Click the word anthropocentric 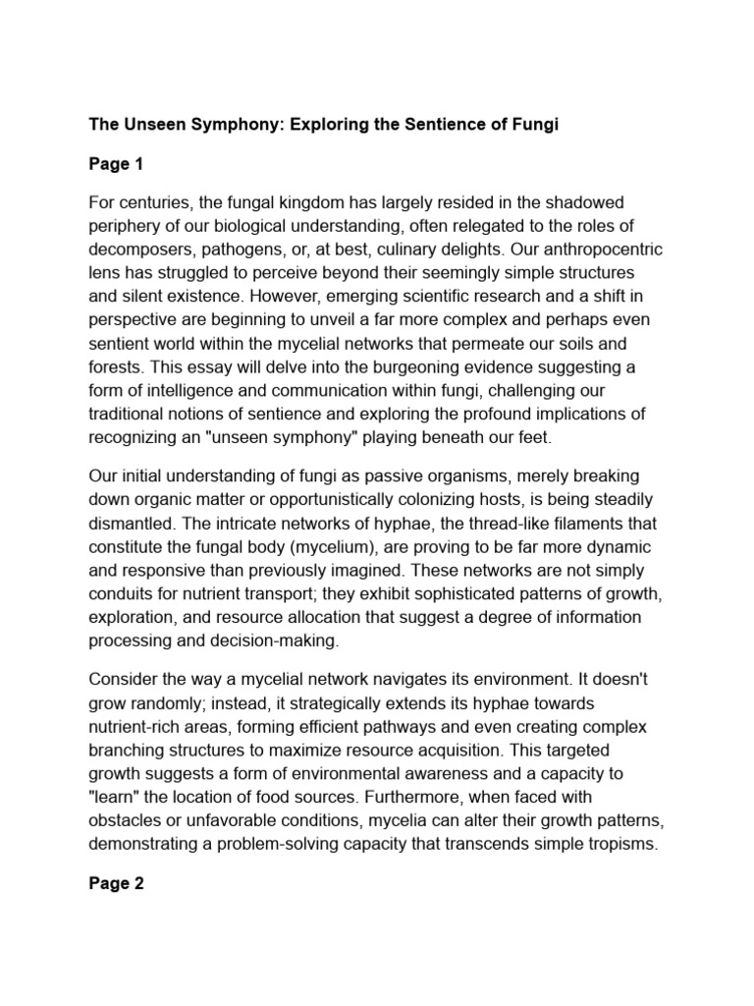point(593,251)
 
